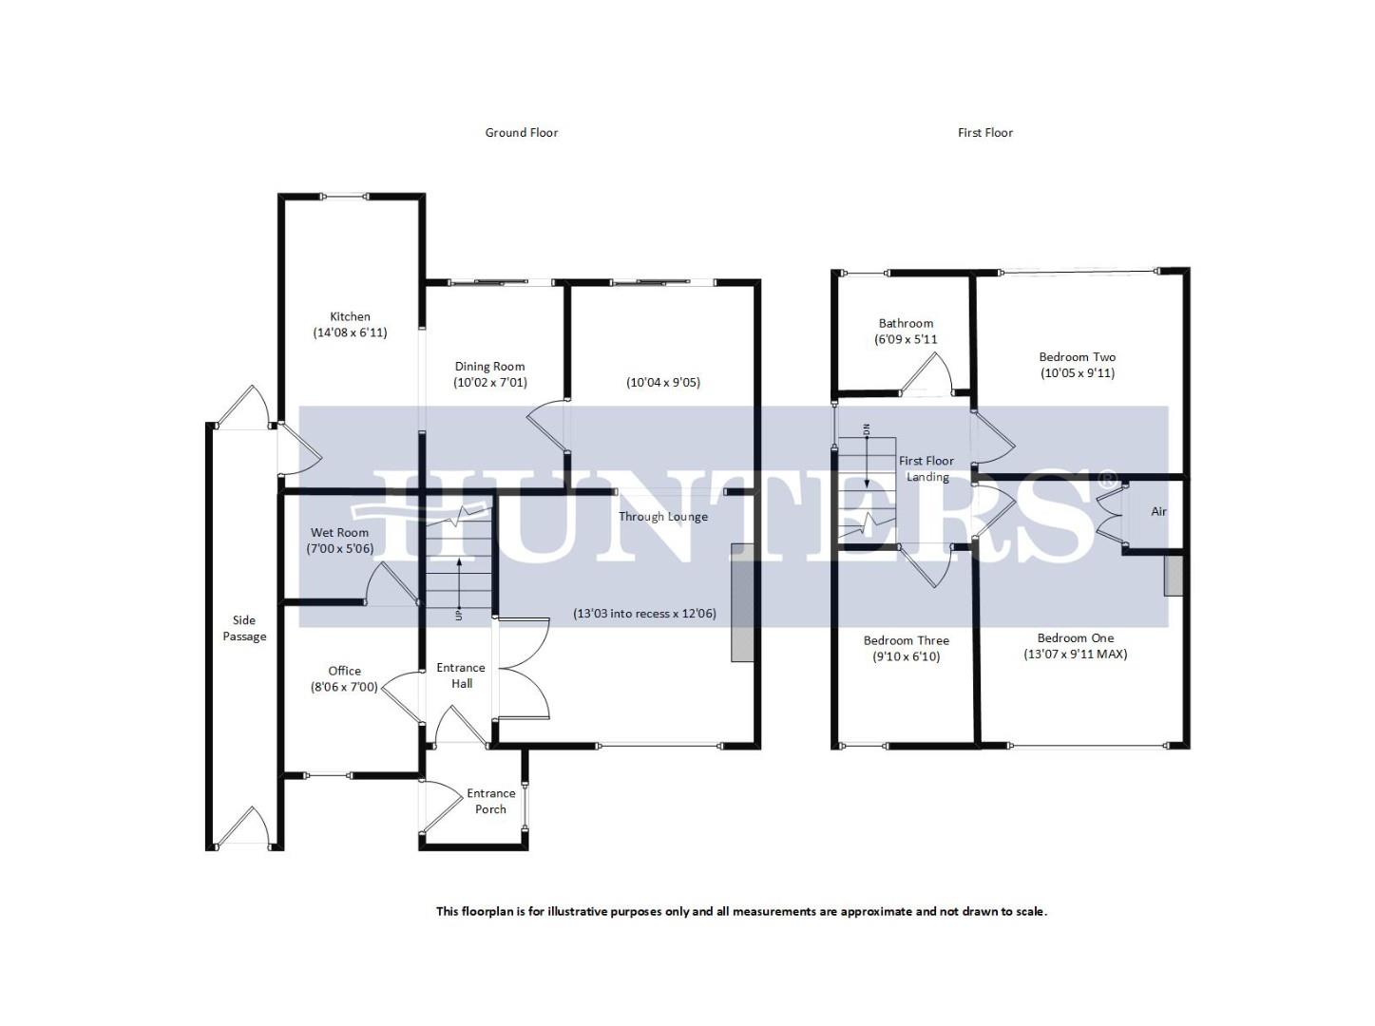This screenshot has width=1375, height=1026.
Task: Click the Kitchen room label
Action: [x=350, y=317]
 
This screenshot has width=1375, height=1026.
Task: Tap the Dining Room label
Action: [x=489, y=367]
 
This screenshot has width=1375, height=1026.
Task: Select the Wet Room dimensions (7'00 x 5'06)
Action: [x=339, y=549]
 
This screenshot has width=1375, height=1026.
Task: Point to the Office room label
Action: [x=344, y=671]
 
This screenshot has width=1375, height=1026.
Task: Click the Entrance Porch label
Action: [x=490, y=801]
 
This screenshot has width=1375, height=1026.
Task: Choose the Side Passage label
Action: [x=244, y=628]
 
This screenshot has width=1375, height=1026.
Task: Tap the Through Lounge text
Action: [x=662, y=517]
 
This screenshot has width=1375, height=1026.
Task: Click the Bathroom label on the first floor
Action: [x=906, y=324]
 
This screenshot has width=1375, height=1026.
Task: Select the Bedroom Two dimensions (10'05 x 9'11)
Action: [x=1077, y=373]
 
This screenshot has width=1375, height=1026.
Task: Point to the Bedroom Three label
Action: [x=906, y=640]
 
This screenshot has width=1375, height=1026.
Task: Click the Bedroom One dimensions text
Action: [x=1075, y=655]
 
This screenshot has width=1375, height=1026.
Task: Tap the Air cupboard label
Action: [x=1158, y=512]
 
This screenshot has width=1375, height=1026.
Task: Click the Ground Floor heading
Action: [x=521, y=133]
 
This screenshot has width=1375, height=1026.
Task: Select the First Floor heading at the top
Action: [x=984, y=133]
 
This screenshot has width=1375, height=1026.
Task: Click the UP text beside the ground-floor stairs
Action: [x=459, y=615]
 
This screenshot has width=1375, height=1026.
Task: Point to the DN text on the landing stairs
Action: [x=866, y=429]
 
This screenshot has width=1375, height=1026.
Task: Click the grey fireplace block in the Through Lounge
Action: [x=741, y=602]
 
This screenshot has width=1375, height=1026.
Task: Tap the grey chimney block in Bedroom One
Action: [x=1174, y=576]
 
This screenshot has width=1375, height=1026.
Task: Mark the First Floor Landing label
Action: [x=926, y=468]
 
